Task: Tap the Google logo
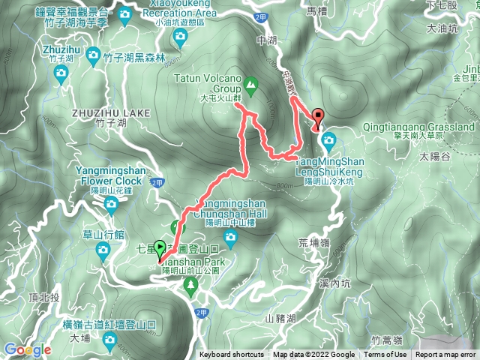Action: coord(27,349)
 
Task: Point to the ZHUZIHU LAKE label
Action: coord(112,112)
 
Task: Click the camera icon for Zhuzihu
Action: coord(61,73)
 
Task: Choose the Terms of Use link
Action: coord(386,355)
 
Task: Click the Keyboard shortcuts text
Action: coord(231,355)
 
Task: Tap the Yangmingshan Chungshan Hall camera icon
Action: coord(230,238)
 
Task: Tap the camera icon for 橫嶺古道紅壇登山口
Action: coord(110,342)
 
